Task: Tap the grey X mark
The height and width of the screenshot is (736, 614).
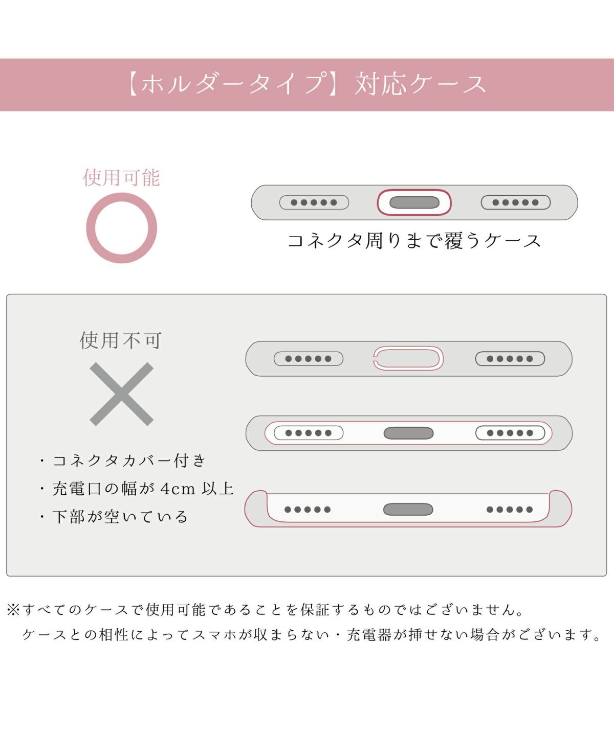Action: tap(121, 394)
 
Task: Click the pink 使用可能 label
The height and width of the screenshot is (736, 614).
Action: tap(121, 177)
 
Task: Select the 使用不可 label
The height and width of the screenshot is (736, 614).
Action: tap(121, 340)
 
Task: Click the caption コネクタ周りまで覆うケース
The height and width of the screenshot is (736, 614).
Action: tap(414, 241)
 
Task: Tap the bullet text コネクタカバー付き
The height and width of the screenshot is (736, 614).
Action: tap(129, 461)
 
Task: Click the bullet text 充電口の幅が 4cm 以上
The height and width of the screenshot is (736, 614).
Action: tap(143, 489)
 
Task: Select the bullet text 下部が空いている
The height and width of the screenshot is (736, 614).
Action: tap(120, 517)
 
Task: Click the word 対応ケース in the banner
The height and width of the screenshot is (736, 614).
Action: tap(420, 85)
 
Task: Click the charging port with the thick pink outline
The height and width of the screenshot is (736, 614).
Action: tap(414, 202)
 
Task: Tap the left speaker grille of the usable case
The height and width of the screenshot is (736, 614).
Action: tap(314, 202)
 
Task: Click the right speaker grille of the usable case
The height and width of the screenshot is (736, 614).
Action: tap(516, 202)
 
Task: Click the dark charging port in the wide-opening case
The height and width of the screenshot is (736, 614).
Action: tap(408, 433)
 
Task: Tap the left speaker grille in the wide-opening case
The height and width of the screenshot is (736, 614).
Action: tap(309, 433)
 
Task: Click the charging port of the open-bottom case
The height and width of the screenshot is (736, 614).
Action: tap(408, 510)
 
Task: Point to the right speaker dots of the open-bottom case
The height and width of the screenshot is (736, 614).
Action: tap(510, 510)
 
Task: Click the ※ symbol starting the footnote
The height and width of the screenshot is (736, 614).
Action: tap(13, 610)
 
